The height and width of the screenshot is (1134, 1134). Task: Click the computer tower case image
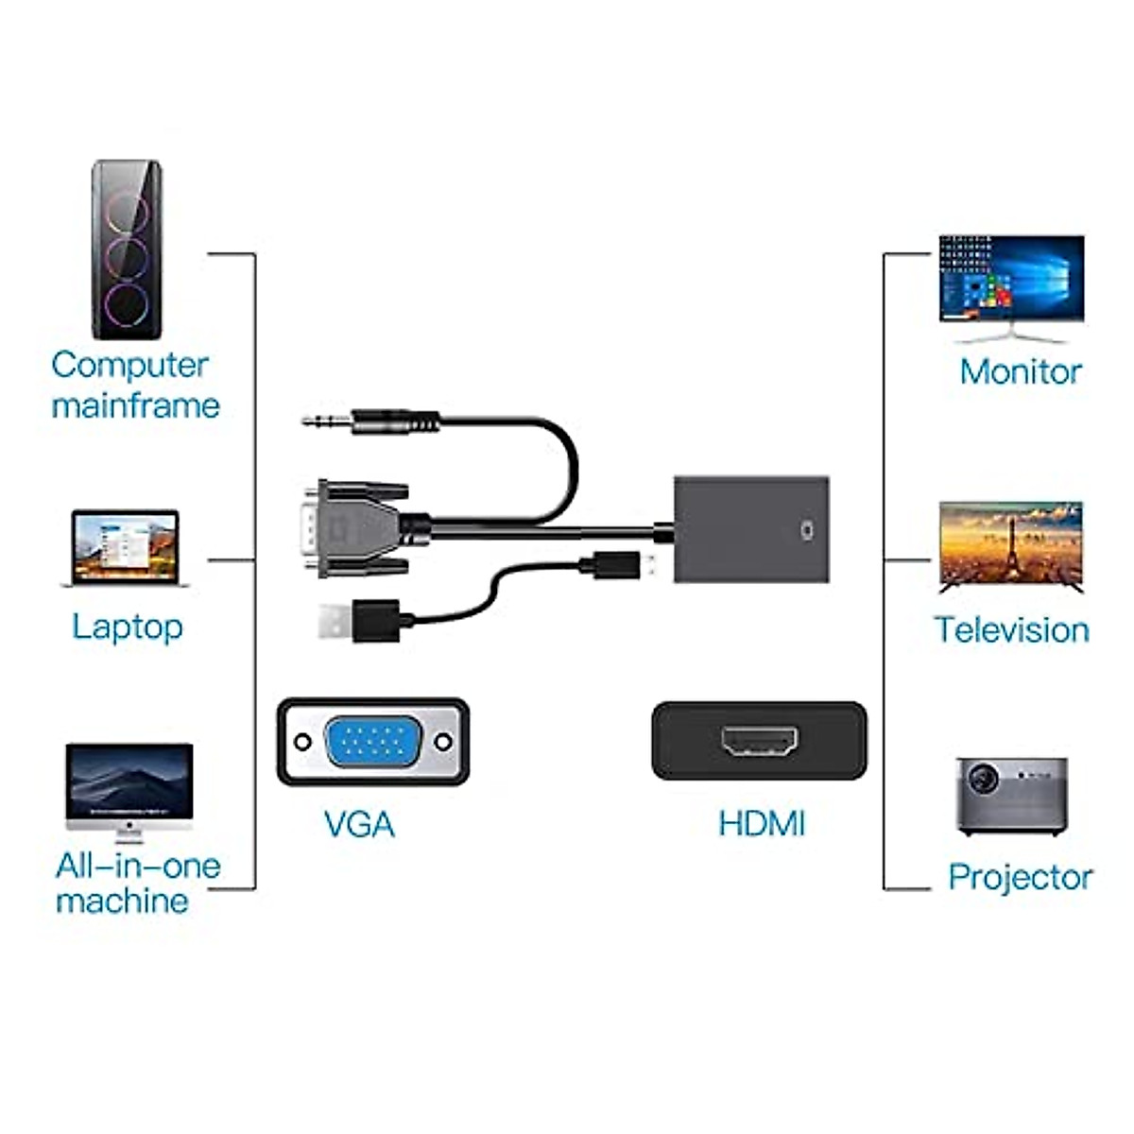point(127,250)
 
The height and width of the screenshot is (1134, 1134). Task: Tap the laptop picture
point(126,548)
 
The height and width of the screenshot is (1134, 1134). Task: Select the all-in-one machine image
point(129,789)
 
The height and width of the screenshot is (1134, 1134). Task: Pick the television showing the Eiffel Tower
point(1011,546)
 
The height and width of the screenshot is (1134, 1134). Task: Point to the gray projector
point(1011,796)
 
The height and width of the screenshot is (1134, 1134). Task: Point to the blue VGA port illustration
point(373,741)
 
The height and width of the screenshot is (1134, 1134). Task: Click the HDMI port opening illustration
point(759,741)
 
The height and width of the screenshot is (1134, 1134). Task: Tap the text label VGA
point(359,824)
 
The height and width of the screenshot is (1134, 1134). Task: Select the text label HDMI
point(762,824)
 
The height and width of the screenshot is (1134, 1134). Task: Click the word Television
point(1011,630)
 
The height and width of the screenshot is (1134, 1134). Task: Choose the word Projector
point(1020,877)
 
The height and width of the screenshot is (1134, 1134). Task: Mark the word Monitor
point(1020,371)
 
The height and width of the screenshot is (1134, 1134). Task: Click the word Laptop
point(128,627)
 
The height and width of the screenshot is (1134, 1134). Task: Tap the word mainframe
point(135,405)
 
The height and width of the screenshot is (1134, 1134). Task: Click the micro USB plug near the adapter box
point(619,567)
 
